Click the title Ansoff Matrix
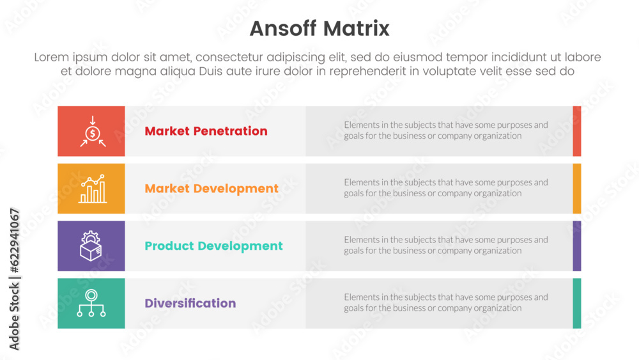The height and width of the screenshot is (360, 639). coord(319,29)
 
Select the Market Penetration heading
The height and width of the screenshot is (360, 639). coord(206,131)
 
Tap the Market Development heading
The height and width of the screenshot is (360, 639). coord(212,189)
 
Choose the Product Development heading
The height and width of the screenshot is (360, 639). coord(213,246)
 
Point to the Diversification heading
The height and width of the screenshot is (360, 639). coord(190,303)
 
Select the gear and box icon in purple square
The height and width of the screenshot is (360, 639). coord(91,246)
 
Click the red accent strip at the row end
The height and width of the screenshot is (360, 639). coord(577,131)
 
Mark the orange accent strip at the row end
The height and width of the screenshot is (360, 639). coord(577,189)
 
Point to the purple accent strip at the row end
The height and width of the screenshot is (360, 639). coord(577,246)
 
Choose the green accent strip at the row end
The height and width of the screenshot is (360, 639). coord(577,303)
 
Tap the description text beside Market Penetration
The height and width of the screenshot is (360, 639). coord(445,130)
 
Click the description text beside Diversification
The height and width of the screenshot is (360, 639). coord(445,302)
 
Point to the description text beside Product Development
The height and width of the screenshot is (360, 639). coord(445,245)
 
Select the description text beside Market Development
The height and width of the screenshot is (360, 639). coord(445,188)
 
